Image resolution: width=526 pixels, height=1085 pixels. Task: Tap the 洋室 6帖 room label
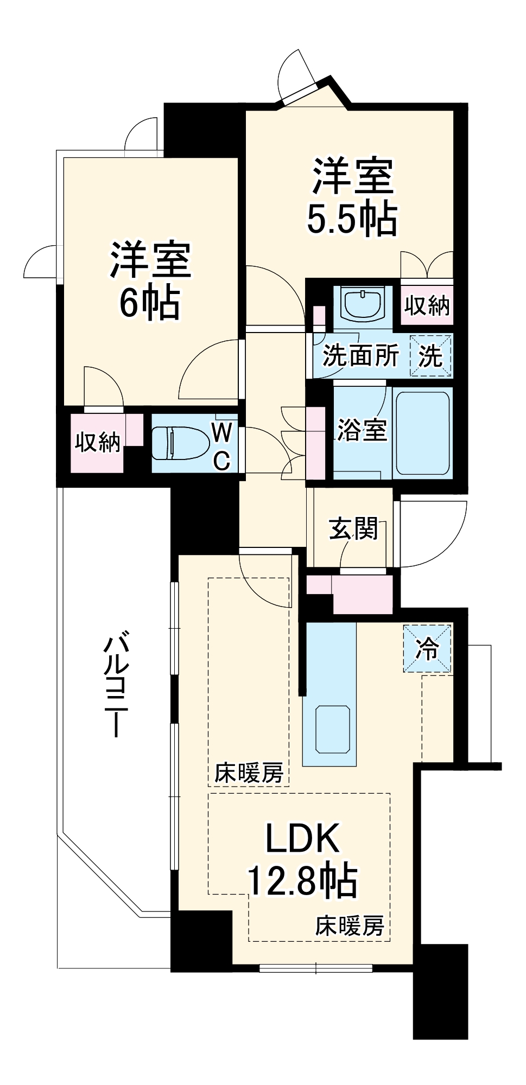click(x=150, y=280)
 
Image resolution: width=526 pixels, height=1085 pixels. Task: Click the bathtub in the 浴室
click(x=422, y=433)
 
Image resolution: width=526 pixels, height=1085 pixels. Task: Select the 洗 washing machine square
click(x=431, y=356)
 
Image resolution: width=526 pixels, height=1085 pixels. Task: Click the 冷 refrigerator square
click(x=427, y=648)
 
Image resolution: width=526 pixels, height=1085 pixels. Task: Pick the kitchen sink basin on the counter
click(x=332, y=729)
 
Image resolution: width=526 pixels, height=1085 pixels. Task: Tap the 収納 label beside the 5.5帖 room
click(x=427, y=305)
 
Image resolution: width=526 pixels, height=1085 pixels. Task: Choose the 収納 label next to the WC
click(x=98, y=443)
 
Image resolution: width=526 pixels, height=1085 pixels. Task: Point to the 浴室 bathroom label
click(x=362, y=430)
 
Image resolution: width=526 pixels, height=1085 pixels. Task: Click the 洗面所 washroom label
click(x=361, y=356)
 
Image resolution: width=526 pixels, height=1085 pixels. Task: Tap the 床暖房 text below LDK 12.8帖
click(x=350, y=926)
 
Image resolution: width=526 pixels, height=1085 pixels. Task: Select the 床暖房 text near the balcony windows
click(x=249, y=773)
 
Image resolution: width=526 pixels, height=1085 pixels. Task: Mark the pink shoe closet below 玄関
click(x=362, y=593)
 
